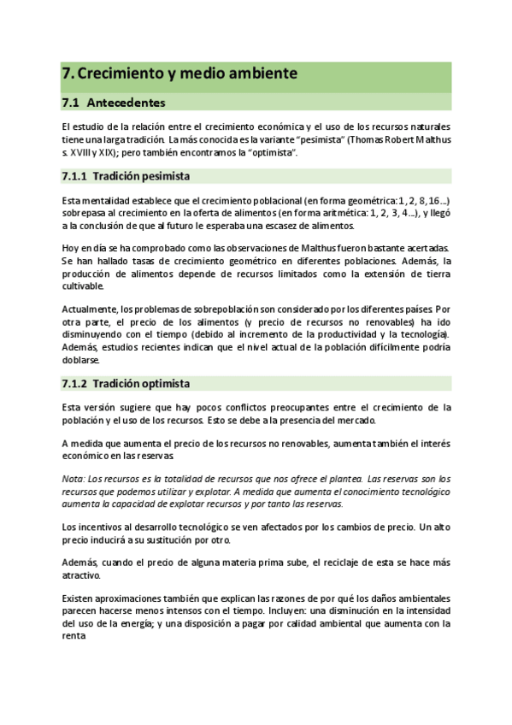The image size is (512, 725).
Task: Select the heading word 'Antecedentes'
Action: (126, 103)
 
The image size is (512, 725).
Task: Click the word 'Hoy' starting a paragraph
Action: (71, 248)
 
